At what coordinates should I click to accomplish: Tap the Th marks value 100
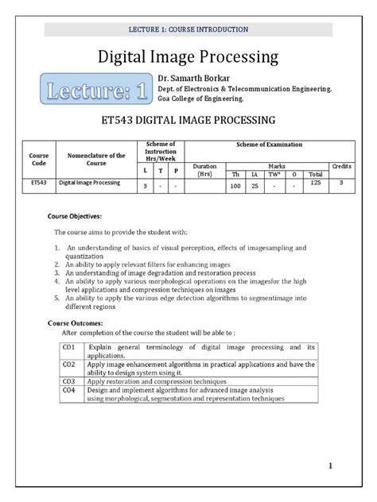(x=235, y=185)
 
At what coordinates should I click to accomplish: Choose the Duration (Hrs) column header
(x=205, y=169)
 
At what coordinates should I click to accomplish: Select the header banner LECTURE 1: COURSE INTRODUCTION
(x=188, y=29)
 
